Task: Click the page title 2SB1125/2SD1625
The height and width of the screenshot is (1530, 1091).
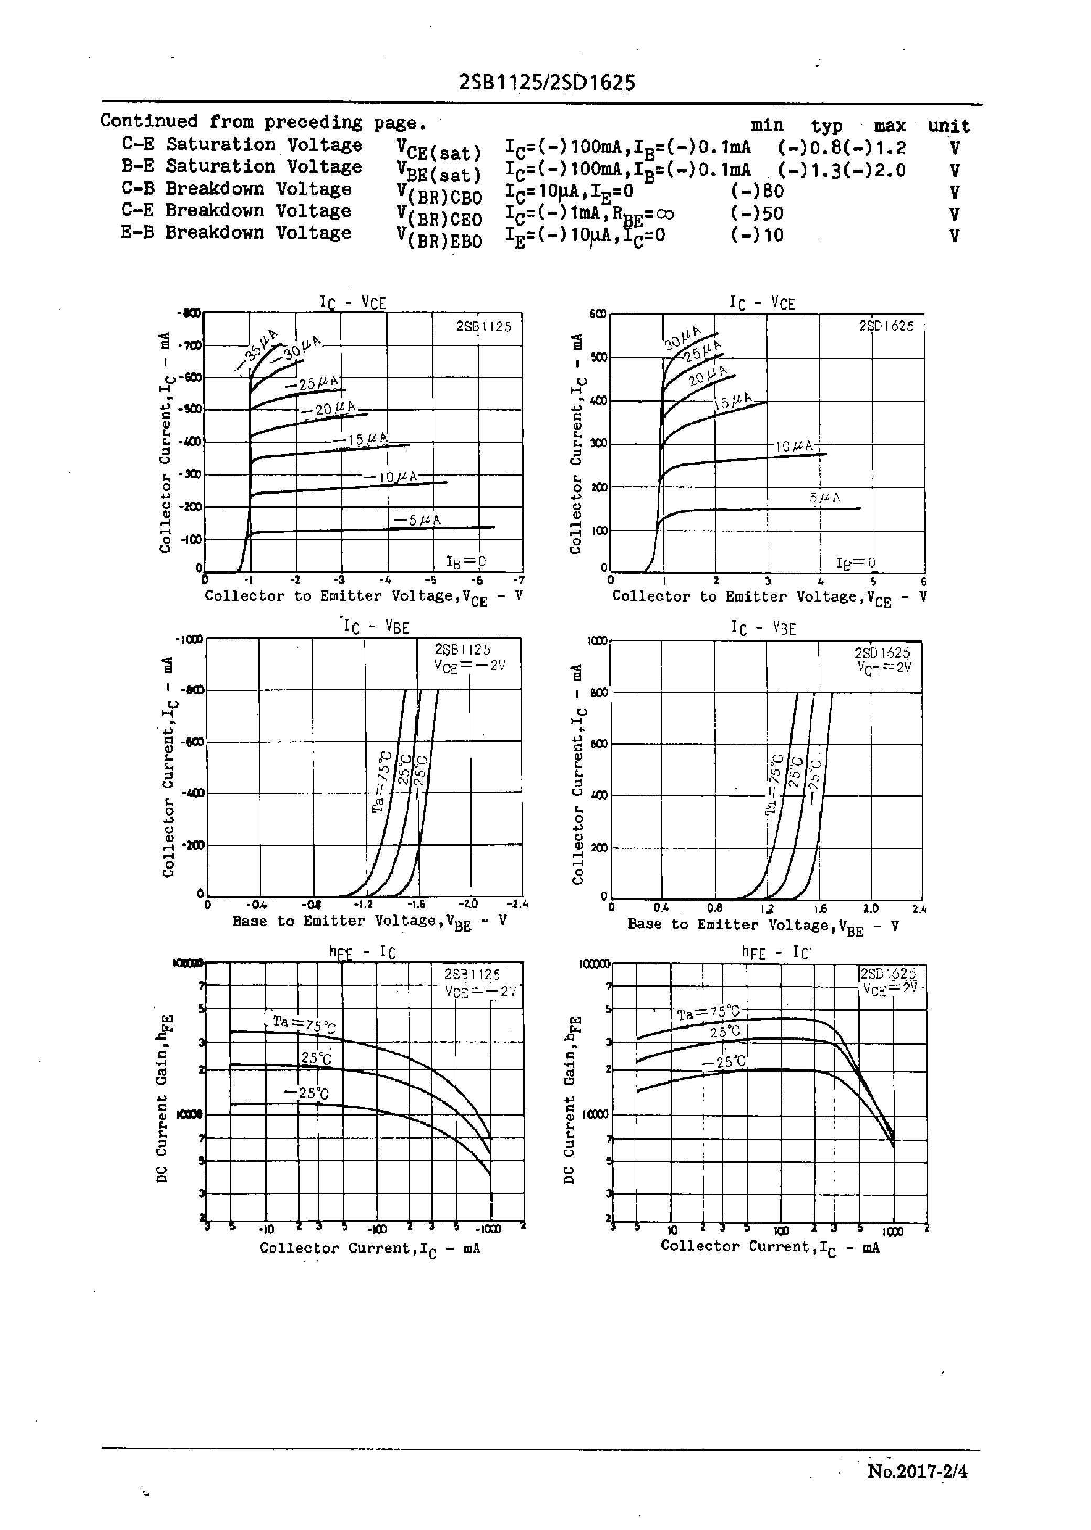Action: pos(547,83)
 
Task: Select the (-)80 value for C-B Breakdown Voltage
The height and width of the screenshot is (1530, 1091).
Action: pos(757,191)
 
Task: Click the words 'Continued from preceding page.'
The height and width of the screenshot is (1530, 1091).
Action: pos(263,122)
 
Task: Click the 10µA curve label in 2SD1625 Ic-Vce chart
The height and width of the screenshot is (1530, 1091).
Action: pos(794,446)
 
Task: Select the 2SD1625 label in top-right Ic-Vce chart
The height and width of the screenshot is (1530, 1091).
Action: pos(886,326)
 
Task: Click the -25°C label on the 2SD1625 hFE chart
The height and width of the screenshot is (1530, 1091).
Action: pos(724,1062)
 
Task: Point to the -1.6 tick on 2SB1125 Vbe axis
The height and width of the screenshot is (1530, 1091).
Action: pos(416,904)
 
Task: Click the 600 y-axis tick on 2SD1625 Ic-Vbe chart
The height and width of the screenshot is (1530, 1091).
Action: pos(598,744)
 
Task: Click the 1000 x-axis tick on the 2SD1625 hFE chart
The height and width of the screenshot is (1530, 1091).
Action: pos(893,1231)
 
